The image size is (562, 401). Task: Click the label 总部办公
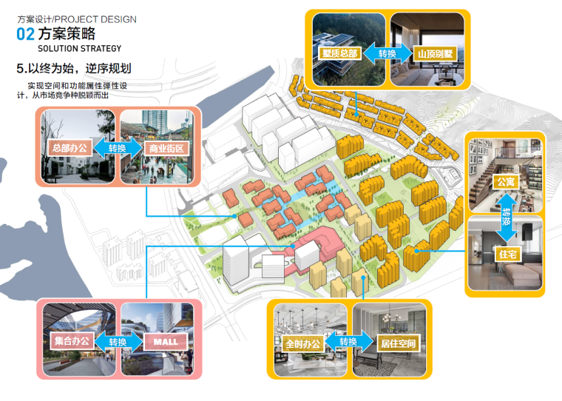click(70, 148)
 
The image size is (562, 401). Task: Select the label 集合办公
click(71, 342)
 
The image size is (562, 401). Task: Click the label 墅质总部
click(339, 53)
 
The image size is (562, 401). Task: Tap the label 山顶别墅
click(434, 53)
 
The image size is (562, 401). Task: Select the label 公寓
click(506, 181)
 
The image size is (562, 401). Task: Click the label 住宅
click(506, 255)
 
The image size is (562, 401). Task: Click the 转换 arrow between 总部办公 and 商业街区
click(118, 148)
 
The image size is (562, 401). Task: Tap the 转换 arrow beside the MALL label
click(118, 342)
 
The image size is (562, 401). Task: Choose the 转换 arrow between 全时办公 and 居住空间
click(349, 343)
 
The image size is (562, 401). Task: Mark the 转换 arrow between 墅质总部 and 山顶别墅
click(387, 53)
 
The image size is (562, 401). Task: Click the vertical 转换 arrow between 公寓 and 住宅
click(507, 218)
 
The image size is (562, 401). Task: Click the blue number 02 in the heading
click(25, 34)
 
